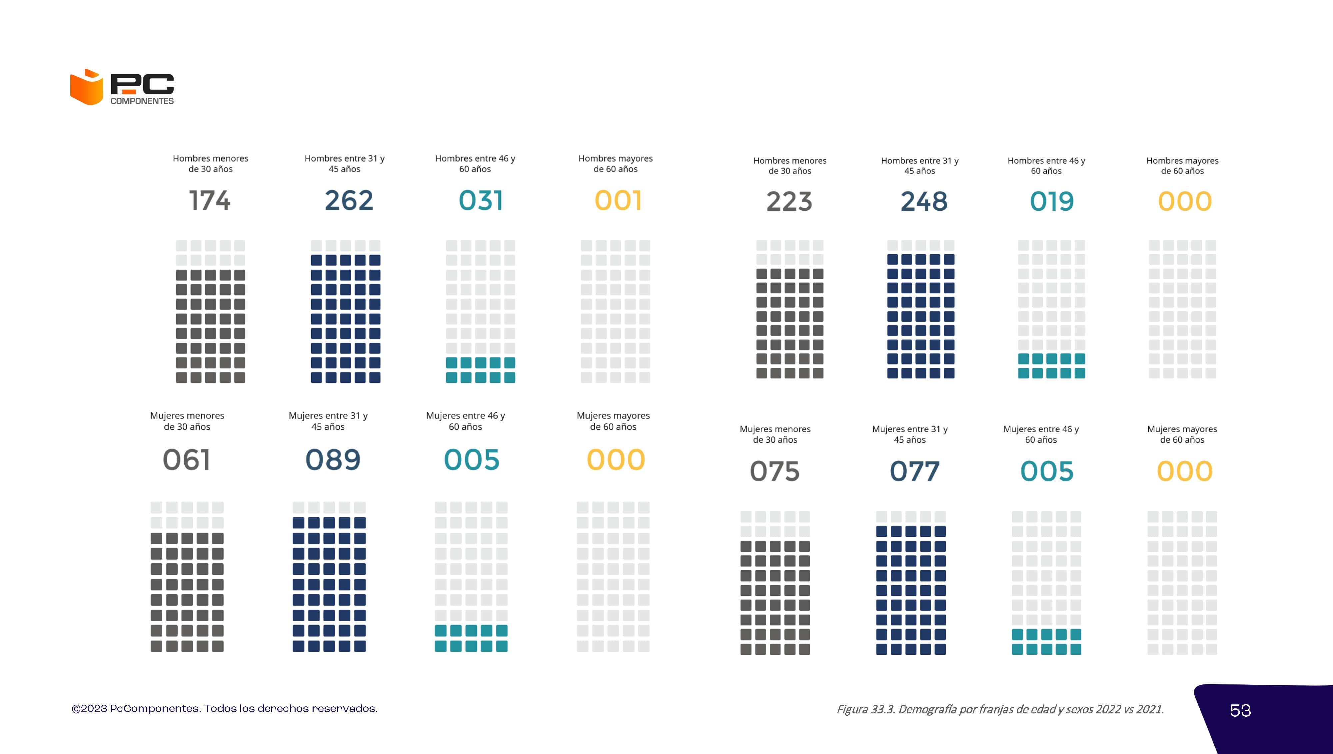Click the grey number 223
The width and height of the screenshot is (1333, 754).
[789, 201]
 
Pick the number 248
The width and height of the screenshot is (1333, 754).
[923, 201]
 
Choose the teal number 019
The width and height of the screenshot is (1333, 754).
[1052, 201]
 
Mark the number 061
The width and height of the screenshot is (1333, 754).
[187, 460]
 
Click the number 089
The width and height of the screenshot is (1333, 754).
[333, 460]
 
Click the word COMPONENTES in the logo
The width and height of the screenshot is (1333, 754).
[142, 101]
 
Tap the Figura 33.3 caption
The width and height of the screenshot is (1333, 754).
[1000, 709]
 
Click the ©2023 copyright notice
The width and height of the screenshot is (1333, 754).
[224, 708]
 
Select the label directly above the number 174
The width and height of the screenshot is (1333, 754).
[210, 164]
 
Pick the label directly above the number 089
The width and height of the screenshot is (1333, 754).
[328, 421]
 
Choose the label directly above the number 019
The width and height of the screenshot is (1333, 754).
[1046, 166]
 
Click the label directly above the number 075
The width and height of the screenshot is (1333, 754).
[775, 434]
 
